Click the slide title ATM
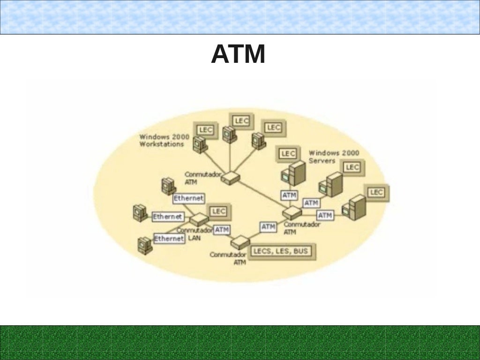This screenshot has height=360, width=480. [x=238, y=54]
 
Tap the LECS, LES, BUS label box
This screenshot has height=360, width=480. [x=281, y=251]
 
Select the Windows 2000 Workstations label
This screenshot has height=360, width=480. [x=164, y=141]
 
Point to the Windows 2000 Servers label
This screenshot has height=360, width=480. [x=334, y=157]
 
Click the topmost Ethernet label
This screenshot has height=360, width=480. [x=188, y=198]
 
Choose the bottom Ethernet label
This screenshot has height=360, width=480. [x=169, y=239]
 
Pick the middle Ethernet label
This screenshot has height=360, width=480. [x=167, y=217]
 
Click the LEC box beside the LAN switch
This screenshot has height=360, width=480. [x=218, y=211]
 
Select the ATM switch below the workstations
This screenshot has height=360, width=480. [x=231, y=177]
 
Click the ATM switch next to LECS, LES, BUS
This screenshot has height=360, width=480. [x=240, y=242]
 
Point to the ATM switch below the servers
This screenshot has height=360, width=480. [x=292, y=213]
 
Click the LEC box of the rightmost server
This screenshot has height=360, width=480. [x=376, y=192]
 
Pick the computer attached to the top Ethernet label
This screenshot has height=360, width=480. [x=167, y=186]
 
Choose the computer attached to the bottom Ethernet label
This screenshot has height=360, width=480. [x=144, y=245]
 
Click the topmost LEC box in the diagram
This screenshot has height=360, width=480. [x=242, y=120]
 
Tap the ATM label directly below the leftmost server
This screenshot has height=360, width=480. [x=289, y=195]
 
